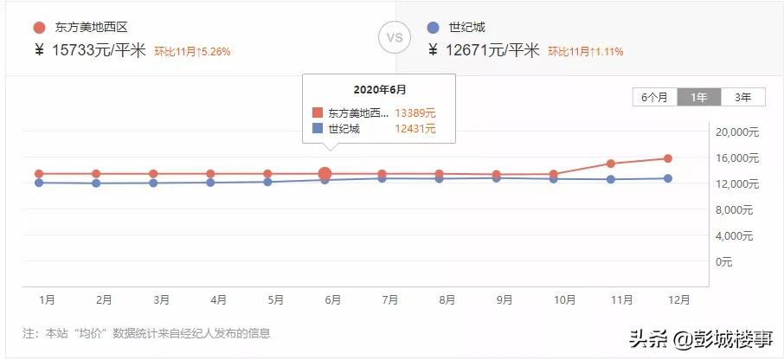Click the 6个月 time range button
(x=654, y=97)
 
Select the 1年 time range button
(x=698, y=97)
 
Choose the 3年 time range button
(x=742, y=97)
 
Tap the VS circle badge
(x=395, y=37)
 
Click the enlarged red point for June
(x=325, y=174)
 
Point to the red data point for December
(x=668, y=158)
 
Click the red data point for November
(x=611, y=164)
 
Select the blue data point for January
(x=39, y=183)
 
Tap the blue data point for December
(x=668, y=178)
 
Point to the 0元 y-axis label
(x=724, y=261)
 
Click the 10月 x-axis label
(x=564, y=299)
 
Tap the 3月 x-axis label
(x=161, y=299)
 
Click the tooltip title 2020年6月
(x=379, y=89)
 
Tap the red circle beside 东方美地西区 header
(x=39, y=28)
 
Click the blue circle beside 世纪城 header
(x=434, y=28)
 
